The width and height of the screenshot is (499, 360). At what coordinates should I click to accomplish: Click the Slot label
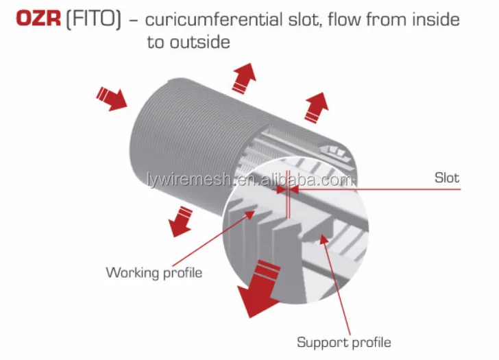click(447, 178)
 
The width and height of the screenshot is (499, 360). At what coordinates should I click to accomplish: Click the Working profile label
click(154, 273)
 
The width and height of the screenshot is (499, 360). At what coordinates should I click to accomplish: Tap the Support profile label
click(344, 341)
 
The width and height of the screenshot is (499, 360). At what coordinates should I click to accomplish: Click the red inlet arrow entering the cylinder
click(112, 98)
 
